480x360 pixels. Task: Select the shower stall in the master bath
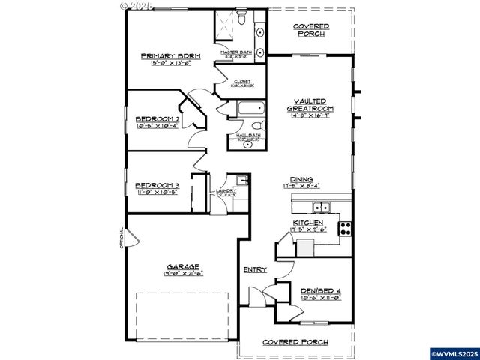pyautogui.click(x=229, y=28)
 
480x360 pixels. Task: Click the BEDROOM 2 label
pyautogui.click(x=157, y=119)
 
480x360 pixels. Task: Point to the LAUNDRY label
pyautogui.click(x=226, y=191)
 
